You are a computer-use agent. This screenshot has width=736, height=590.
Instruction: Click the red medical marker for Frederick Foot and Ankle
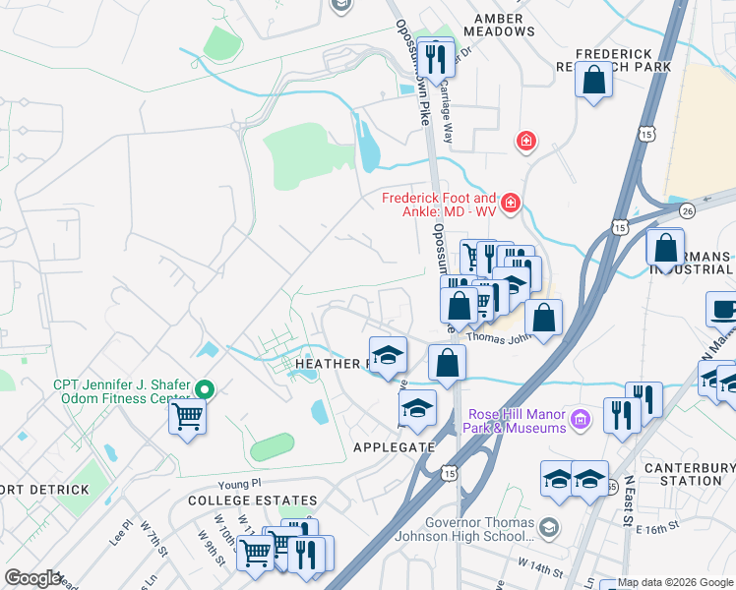(x=511, y=204)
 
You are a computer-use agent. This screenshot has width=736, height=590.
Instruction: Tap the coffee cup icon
(x=723, y=310)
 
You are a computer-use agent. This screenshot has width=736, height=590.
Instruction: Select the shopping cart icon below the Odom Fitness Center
(x=187, y=418)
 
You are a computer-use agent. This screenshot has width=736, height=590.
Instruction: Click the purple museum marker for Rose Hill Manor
(x=581, y=420)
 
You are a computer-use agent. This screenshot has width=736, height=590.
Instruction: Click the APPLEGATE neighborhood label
(x=394, y=446)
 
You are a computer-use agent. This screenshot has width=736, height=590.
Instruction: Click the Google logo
(x=31, y=578)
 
